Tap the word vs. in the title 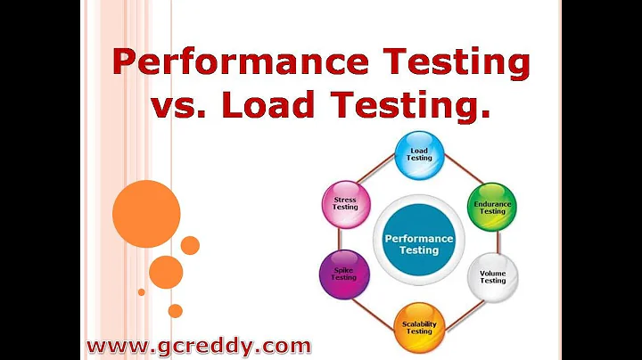click(x=179, y=106)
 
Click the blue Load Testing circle click(x=419, y=154)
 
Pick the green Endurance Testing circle click(x=492, y=206)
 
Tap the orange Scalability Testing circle click(x=419, y=326)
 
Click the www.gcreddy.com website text click(x=198, y=345)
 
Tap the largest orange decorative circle click(x=146, y=214)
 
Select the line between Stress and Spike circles click(x=340, y=240)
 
